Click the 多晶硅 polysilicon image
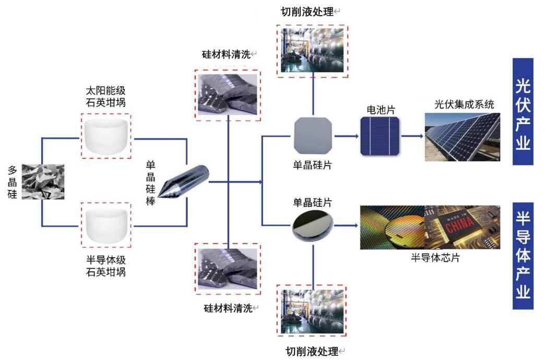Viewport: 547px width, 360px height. (x=43, y=182)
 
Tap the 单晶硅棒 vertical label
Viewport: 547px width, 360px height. (x=151, y=183)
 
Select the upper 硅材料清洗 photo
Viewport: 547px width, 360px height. (x=227, y=92)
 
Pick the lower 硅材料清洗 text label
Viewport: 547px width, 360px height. (x=228, y=308)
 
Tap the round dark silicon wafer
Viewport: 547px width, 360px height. (x=313, y=225)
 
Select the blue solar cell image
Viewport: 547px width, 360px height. (x=379, y=136)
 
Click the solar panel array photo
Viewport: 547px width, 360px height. (x=462, y=136)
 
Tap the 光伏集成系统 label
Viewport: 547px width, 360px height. (x=464, y=104)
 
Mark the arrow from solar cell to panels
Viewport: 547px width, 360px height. (x=412, y=136)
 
